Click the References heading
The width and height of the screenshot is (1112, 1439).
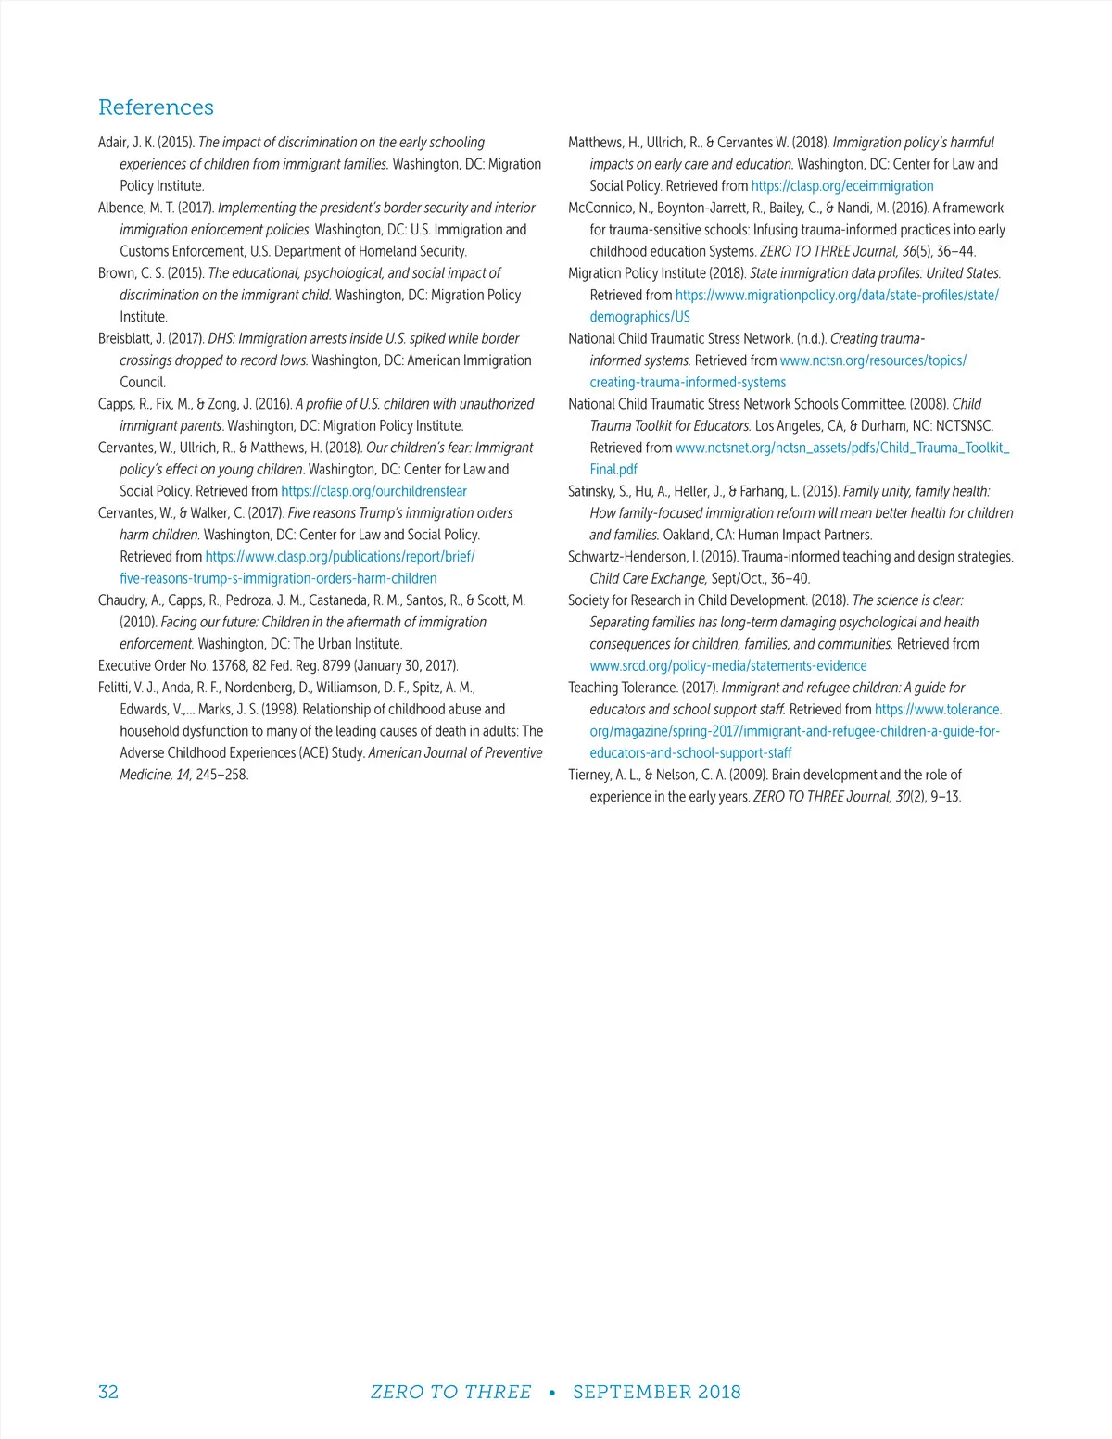coord(156,107)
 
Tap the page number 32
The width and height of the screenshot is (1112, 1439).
coord(108,1392)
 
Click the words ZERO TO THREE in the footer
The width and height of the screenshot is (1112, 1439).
coord(450,1392)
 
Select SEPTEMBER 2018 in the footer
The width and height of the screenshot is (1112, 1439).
coord(656,1392)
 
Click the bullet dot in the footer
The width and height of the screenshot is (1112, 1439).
coord(552,1393)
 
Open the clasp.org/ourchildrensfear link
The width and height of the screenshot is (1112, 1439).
coord(373,491)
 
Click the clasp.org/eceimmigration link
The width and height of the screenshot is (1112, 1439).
coord(842,186)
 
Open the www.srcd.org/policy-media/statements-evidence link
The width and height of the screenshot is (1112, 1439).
coord(728,666)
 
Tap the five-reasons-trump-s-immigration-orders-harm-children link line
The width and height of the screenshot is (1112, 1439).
coord(278,578)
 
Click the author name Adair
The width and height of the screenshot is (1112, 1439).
coord(113,143)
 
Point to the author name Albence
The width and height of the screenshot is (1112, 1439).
coord(121,208)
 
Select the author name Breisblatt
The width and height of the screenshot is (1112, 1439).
coord(128,339)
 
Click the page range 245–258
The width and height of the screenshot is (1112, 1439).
coord(221,775)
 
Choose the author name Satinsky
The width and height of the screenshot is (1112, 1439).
coord(591,491)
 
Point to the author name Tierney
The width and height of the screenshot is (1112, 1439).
coord(589,775)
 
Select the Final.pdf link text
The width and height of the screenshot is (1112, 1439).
coord(613,470)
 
